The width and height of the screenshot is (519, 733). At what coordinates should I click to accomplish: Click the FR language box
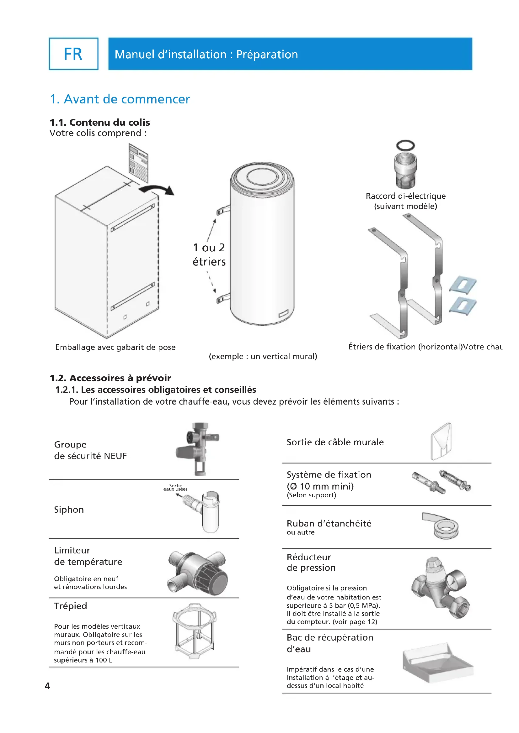pos(73,54)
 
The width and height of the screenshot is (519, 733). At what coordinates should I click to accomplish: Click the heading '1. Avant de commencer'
pos(120,99)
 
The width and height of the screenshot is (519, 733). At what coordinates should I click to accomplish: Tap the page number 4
pos(47,686)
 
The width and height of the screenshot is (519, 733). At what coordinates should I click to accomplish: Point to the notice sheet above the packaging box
pos(138,163)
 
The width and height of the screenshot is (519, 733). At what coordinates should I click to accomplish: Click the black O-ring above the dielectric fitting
pos(405,145)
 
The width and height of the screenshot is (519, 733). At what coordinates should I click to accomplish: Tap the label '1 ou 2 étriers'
pos(209,254)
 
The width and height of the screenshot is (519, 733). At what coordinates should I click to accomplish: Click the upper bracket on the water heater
pos(223,210)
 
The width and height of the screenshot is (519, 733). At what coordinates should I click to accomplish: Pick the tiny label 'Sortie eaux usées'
pos(175,487)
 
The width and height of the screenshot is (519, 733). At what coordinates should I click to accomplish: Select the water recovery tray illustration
pos(437,662)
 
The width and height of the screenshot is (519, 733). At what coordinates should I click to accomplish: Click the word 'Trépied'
pos(71,606)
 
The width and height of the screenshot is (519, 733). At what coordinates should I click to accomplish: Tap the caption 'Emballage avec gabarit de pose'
pos(115,347)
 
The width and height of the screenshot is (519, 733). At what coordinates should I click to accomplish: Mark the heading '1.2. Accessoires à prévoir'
pos(110,378)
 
